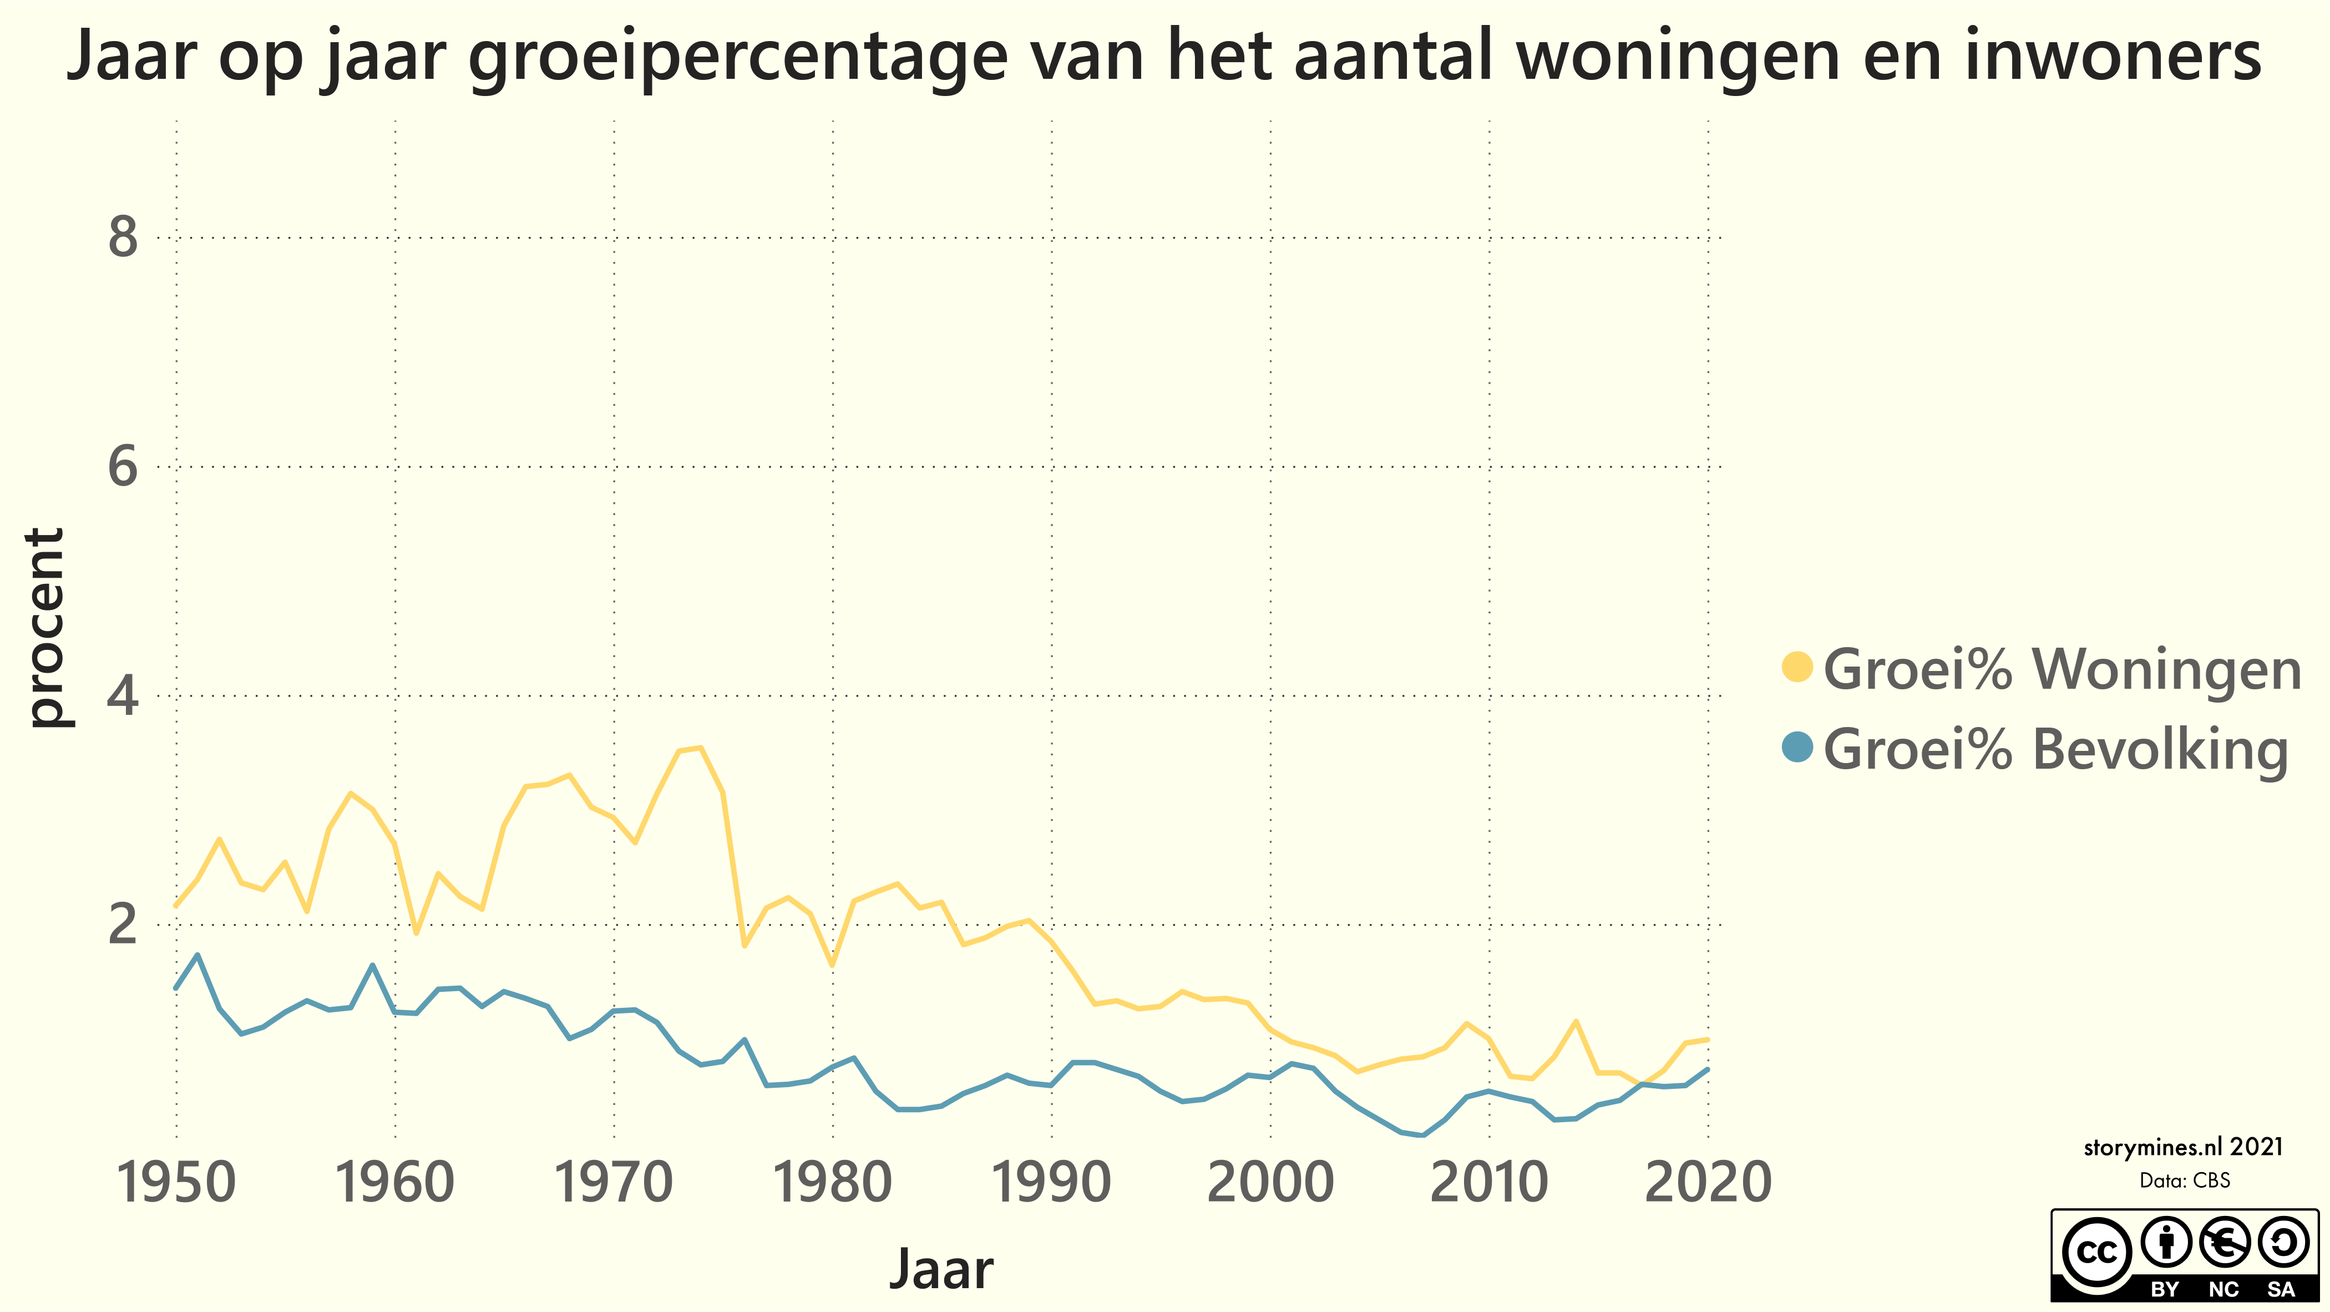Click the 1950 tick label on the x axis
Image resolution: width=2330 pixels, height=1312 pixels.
tap(176, 1183)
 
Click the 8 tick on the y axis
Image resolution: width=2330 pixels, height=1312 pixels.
tap(123, 238)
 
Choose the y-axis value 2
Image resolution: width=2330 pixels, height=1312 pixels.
tap(123, 925)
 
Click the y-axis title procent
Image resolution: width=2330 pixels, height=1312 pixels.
tap(45, 627)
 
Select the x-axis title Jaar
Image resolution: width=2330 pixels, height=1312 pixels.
tap(941, 1269)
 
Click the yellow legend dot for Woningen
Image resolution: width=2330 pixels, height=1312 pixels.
tap(1797, 667)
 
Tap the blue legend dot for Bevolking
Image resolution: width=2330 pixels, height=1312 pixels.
tap(1797, 748)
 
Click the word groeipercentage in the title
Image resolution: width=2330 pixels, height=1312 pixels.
tap(737, 56)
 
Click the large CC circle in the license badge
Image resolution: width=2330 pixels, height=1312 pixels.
tap(2096, 1252)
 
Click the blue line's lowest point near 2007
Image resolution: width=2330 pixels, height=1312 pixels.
tap(1423, 1134)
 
